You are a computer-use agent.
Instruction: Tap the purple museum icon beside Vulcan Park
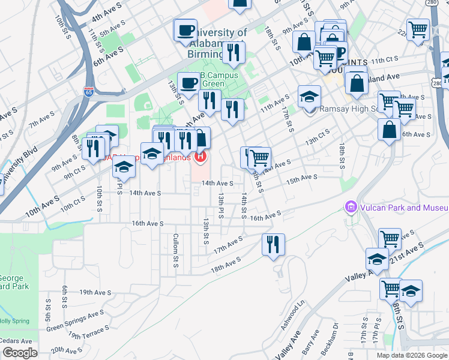pos(351,208)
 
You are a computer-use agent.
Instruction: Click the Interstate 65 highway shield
pos(88,92)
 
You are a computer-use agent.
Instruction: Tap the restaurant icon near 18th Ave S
pos(273,244)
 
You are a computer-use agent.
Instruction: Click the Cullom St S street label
pos(176,250)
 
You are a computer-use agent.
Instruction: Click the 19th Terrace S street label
pos(89,332)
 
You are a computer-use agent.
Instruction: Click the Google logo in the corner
pos(20,353)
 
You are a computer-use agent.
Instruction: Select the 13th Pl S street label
pos(220,205)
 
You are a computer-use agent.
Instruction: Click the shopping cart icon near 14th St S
pos(259,158)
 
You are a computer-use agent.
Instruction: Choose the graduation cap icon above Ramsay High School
pos(309,96)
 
